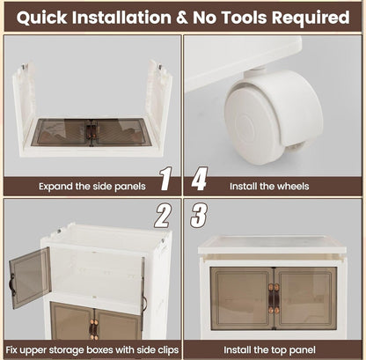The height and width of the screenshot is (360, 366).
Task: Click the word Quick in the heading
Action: [x=41, y=18]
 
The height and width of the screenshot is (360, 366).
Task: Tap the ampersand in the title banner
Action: [x=182, y=18]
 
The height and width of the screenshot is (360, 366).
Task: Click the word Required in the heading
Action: [x=311, y=18]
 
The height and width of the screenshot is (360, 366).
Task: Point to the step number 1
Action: [x=165, y=179]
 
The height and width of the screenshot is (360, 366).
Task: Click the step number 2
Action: [x=163, y=217]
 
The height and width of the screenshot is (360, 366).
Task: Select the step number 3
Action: [x=199, y=216]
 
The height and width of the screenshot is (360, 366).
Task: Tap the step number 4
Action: [x=200, y=179]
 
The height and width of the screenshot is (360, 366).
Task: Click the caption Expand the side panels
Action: [x=92, y=187]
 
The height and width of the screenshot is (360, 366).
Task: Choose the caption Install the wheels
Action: [x=269, y=187]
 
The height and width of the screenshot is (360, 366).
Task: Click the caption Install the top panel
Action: [x=269, y=350]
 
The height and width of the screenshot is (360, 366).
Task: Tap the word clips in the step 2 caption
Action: [x=165, y=350]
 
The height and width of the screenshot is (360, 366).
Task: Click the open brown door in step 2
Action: [x=30, y=277]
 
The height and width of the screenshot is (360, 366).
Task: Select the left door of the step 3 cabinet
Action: [x=242, y=298]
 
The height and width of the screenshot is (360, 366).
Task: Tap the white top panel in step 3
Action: [x=272, y=245]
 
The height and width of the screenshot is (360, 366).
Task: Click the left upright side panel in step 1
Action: [x=24, y=107]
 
